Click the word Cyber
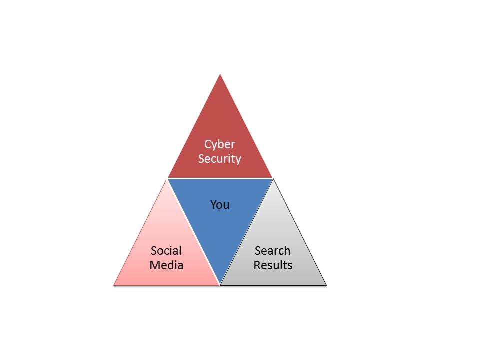point(220,145)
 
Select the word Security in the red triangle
point(220,159)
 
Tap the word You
point(220,204)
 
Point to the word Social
point(166,250)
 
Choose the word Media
point(166,265)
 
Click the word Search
point(272,250)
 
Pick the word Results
point(273,265)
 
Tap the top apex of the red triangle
point(220,75)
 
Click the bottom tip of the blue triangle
point(220,284)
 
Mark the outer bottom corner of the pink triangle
point(114,285)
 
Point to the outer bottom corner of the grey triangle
point(326,285)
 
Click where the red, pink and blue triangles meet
point(167,179)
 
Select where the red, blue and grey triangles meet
point(272,179)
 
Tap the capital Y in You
point(213,204)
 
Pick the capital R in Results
point(257,265)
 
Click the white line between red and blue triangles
point(220,178)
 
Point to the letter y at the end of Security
point(238,160)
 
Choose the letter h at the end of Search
point(287,250)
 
